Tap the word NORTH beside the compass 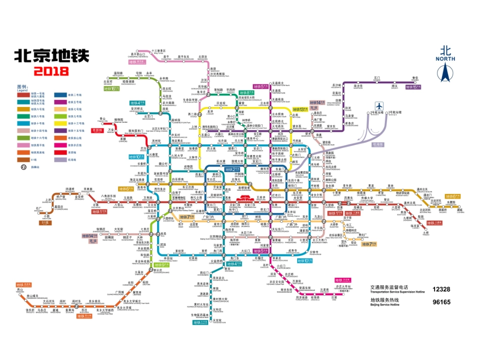click(x=445, y=59)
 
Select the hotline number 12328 click(x=441, y=289)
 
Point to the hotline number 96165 click(x=441, y=302)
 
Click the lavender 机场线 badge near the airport click(x=377, y=144)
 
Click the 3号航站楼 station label click(x=395, y=112)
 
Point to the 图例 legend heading click(x=23, y=86)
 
